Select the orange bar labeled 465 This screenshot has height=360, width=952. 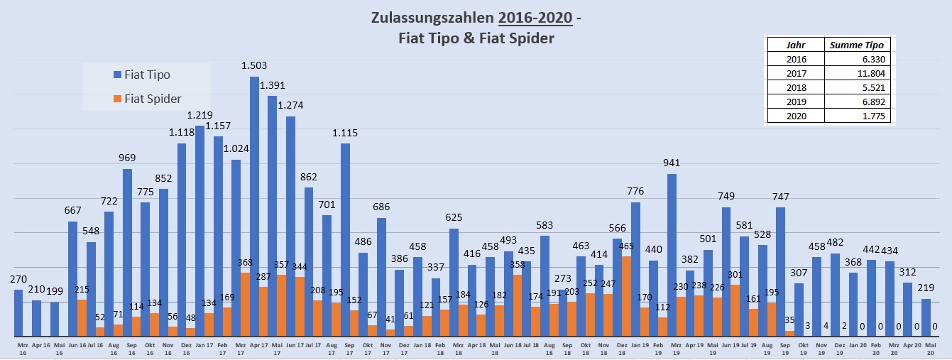point(626,295)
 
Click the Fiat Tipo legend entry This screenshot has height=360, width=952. point(146,75)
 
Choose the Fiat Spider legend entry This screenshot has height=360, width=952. point(152,99)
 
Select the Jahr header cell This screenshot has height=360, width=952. point(796,45)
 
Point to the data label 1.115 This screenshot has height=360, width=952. point(345,133)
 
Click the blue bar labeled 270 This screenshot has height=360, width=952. point(18,312)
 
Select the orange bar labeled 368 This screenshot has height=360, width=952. point(245,304)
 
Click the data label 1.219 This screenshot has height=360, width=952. point(199,115)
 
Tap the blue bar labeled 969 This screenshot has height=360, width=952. point(127,252)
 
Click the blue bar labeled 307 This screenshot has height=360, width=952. point(799,309)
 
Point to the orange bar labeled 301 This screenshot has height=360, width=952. point(735,310)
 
